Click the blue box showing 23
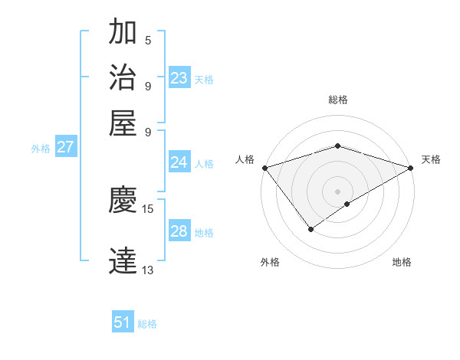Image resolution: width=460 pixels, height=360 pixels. (179, 78)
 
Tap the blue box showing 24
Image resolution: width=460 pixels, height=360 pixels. (179, 162)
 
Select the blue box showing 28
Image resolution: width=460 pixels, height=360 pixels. (179, 231)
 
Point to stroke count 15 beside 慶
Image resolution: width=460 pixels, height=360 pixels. (148, 208)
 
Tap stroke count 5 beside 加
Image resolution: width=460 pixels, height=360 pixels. (148, 40)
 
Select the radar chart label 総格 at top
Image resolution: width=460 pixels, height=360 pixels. (338, 100)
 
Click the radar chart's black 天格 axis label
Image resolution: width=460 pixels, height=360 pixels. (431, 159)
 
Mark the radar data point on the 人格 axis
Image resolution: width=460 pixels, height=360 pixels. (264, 168)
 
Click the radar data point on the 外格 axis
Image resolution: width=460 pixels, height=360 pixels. (310, 229)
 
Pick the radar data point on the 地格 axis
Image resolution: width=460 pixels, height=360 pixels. (347, 204)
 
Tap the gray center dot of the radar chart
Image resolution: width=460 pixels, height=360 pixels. (338, 191)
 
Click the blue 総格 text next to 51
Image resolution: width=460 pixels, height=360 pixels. (147, 324)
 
